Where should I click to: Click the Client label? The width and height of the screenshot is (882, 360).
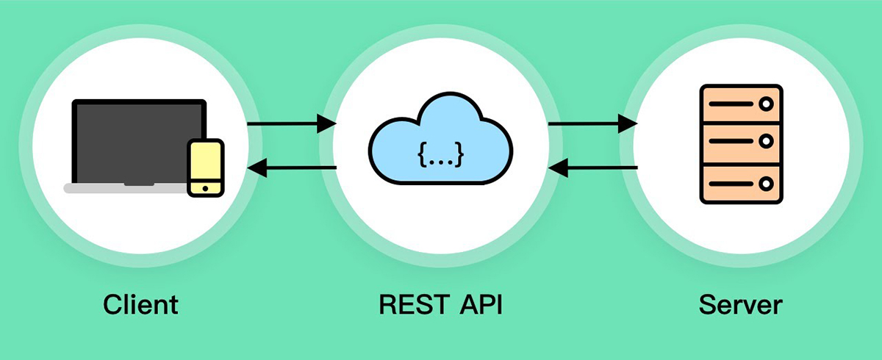(x=141, y=303)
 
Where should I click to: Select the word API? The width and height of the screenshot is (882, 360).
(x=478, y=303)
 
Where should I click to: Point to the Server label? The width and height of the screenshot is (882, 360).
(x=741, y=303)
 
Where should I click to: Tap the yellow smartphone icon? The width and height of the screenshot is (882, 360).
(x=205, y=168)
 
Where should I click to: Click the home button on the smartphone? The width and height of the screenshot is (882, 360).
(x=205, y=189)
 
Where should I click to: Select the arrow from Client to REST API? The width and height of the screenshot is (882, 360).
(x=291, y=123)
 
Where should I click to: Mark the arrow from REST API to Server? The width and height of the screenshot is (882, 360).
(x=592, y=123)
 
